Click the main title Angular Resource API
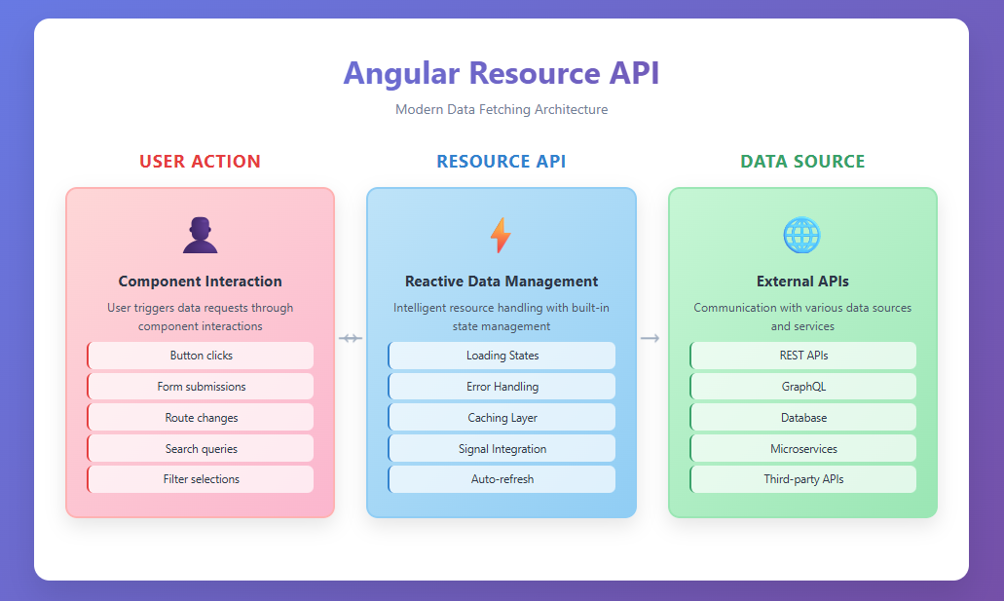(x=502, y=74)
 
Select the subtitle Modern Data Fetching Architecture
(x=502, y=109)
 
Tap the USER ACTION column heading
(x=200, y=162)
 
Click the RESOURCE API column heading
(x=502, y=162)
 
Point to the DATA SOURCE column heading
(x=802, y=162)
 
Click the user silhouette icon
(x=200, y=235)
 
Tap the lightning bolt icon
(x=501, y=236)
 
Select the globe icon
(x=802, y=235)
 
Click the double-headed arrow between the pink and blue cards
(x=351, y=338)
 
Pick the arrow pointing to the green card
(x=651, y=338)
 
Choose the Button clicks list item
(x=201, y=356)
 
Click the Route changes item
(x=201, y=418)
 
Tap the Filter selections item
(x=201, y=479)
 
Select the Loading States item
(x=502, y=356)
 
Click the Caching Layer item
(x=502, y=418)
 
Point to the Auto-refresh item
(x=502, y=479)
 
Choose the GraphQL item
(x=803, y=387)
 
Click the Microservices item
(x=803, y=449)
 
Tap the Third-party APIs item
(x=803, y=479)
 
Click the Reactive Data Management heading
(x=502, y=282)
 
